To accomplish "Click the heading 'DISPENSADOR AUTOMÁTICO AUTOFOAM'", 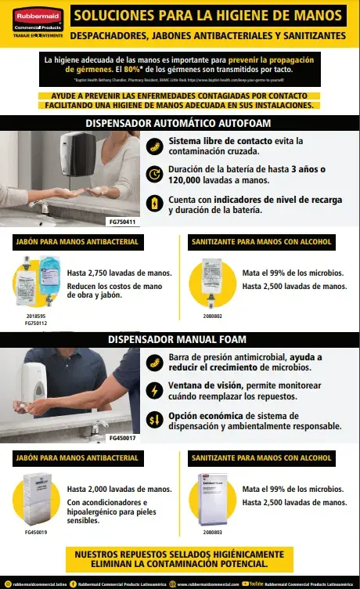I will pos(180,123).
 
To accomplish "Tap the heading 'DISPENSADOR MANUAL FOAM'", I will pos(180,339).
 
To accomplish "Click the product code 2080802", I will pos(213,316).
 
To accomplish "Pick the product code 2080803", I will pos(213,532).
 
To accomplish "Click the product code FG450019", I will pos(36,532).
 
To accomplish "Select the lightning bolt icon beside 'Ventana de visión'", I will pos(155,391).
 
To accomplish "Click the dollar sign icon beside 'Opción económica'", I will pos(155,421).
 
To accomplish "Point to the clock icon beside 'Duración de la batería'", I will pos(155,175).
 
